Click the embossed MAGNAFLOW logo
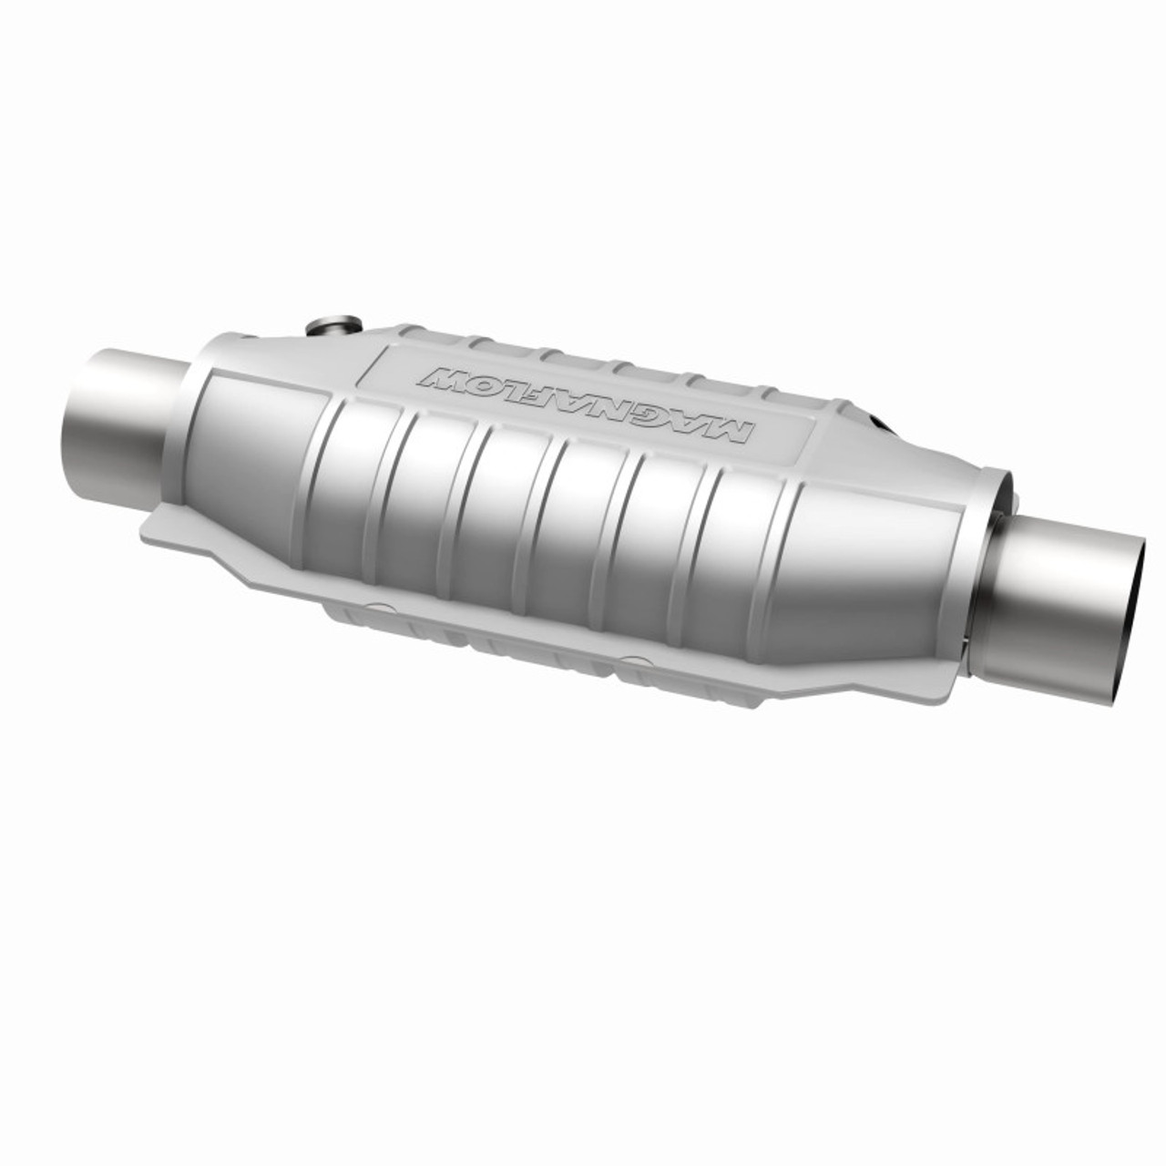click(583, 405)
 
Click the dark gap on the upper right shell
click(882, 424)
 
